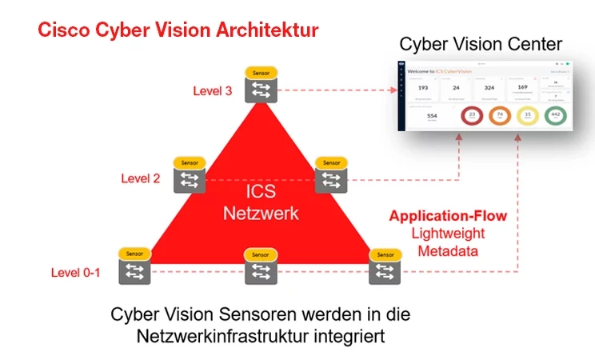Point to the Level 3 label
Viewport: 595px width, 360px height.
pos(213,90)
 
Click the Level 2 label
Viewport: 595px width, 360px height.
pos(141,178)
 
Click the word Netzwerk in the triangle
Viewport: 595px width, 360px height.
pos(260,214)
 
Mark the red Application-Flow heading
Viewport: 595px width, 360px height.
pos(448,216)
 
